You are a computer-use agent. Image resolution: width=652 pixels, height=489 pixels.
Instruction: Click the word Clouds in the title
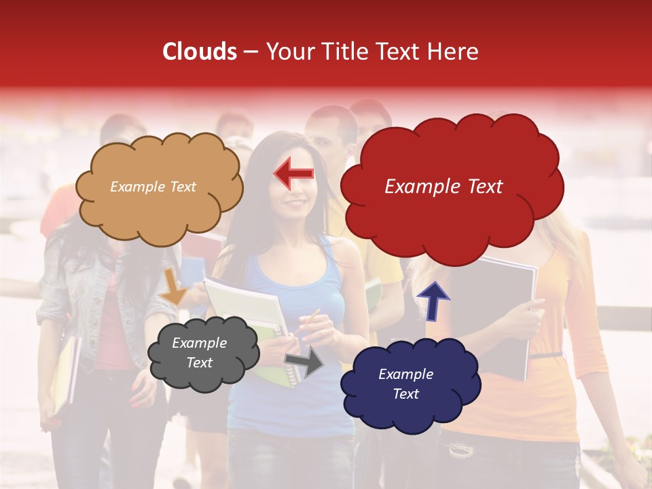(x=200, y=52)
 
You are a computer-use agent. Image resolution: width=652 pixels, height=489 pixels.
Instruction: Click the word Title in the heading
(x=346, y=52)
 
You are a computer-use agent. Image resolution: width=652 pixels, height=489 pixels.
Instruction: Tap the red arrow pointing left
(x=293, y=175)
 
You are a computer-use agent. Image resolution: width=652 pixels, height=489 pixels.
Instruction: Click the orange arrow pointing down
(x=174, y=287)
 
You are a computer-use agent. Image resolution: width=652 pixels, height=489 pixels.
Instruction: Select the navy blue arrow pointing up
(x=433, y=300)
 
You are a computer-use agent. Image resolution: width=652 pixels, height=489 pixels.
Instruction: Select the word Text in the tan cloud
(x=181, y=187)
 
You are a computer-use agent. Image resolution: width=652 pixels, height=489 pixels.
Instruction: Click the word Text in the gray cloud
(x=199, y=363)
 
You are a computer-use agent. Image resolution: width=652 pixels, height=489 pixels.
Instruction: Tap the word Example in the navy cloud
(x=405, y=374)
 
